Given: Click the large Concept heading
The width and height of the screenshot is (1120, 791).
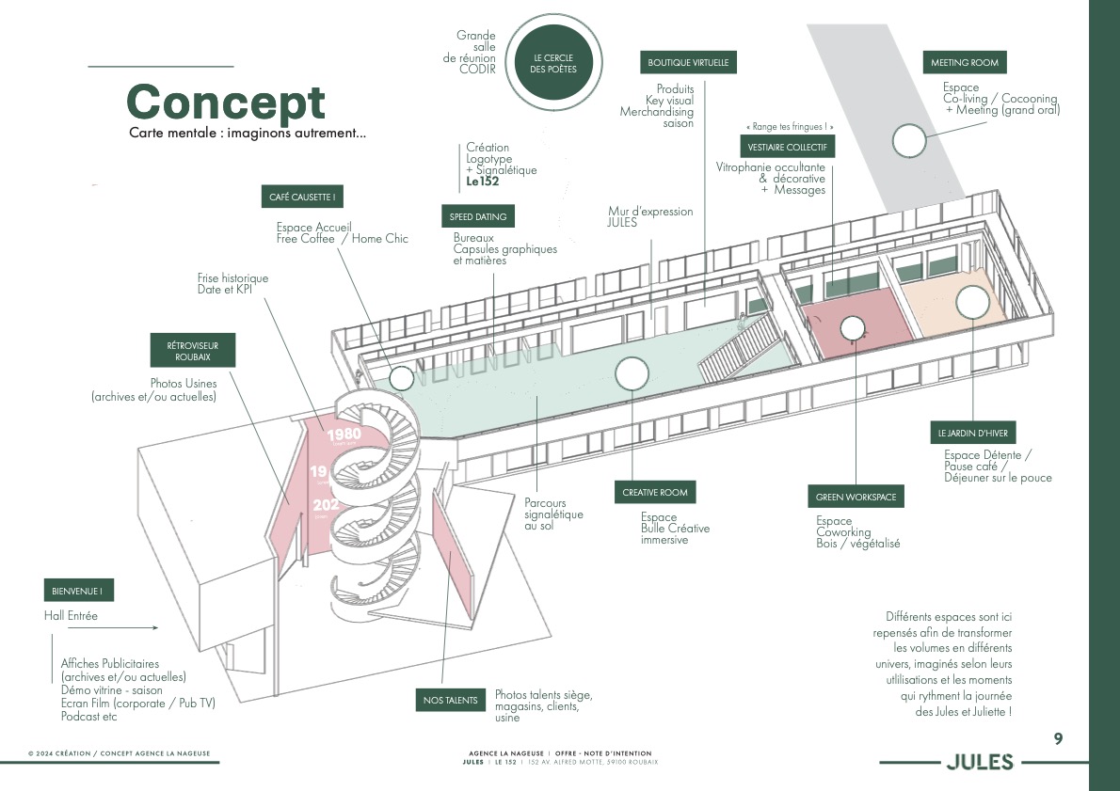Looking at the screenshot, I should click(x=226, y=102).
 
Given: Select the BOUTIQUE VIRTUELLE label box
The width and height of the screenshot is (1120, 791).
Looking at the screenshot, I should click(x=688, y=63).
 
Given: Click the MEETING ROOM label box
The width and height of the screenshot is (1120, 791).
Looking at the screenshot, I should click(x=964, y=63).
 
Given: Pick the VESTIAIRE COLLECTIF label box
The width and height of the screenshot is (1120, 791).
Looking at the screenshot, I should click(x=787, y=148).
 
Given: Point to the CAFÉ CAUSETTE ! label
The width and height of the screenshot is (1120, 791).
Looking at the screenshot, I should click(x=301, y=198).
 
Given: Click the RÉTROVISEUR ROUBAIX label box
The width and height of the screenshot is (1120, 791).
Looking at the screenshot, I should click(x=194, y=352).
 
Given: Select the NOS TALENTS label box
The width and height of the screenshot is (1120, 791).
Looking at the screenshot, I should click(x=450, y=700).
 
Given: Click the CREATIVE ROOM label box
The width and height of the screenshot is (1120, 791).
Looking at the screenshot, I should click(x=655, y=492).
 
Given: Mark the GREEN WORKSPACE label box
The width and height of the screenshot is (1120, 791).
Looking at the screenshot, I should click(x=856, y=497).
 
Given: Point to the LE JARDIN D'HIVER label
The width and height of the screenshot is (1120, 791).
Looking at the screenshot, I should click(x=972, y=434).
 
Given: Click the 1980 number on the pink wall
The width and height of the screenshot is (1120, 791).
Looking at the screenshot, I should click(x=344, y=435).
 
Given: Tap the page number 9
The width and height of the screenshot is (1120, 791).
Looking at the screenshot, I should click(x=1058, y=739).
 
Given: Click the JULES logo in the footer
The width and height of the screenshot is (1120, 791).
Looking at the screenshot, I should click(x=979, y=762).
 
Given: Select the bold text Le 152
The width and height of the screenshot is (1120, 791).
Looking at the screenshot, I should click(x=482, y=182).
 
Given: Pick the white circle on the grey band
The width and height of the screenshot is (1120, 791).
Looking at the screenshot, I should click(x=909, y=141).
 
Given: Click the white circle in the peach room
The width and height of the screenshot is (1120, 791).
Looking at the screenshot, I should click(x=972, y=302).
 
